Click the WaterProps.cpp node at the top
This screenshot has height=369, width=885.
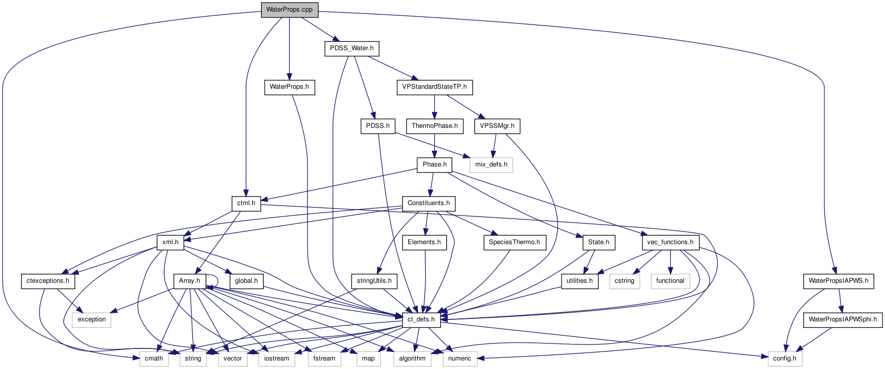289,10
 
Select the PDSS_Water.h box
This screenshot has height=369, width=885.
351,49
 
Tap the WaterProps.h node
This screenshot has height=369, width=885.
289,87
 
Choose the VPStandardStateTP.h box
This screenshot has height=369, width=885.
434,87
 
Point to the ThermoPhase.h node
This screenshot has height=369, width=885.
434,126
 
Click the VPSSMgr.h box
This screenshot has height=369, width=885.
497,126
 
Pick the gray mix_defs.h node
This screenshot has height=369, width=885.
491,164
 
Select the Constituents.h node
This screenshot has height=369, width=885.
429,203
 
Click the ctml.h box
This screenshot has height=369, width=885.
246,203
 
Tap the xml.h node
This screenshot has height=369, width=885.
170,242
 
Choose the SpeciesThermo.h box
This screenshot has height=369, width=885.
514,242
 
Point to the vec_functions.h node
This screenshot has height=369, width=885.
670,242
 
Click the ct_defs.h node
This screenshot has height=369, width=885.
421,319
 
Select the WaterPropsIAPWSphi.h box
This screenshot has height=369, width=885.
842,319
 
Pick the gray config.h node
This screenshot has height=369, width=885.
785,358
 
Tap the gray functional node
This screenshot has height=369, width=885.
670,281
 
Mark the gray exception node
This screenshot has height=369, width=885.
92,319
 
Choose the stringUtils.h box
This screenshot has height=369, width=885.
374,281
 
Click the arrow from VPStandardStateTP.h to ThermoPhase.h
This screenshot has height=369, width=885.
434,106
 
